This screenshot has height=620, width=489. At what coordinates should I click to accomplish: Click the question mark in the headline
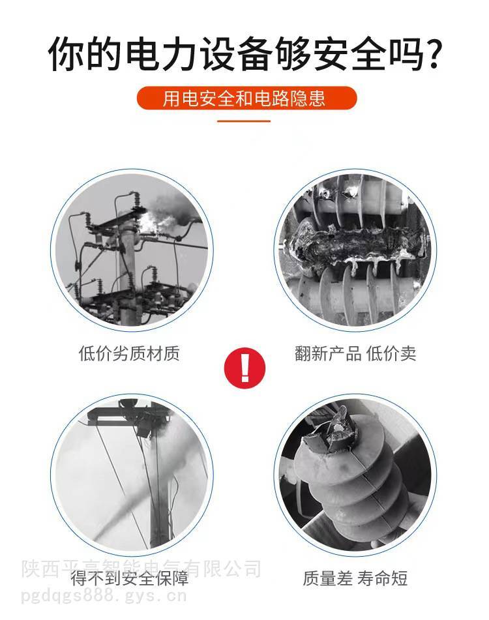click(x=430, y=53)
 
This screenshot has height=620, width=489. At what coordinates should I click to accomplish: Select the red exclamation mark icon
click(x=244, y=368)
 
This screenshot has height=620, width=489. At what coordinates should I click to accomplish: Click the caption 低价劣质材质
click(x=129, y=353)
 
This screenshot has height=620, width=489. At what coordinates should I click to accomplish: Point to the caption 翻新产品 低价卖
click(x=355, y=353)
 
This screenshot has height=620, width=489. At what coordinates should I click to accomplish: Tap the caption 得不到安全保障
click(x=130, y=578)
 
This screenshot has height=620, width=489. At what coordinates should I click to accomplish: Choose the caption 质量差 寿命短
click(x=355, y=578)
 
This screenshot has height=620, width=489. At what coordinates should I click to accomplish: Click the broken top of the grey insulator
click(x=330, y=431)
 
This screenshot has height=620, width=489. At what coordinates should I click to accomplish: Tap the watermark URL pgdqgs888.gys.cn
click(x=103, y=595)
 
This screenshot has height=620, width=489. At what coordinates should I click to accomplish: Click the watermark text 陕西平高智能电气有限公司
click(x=141, y=569)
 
